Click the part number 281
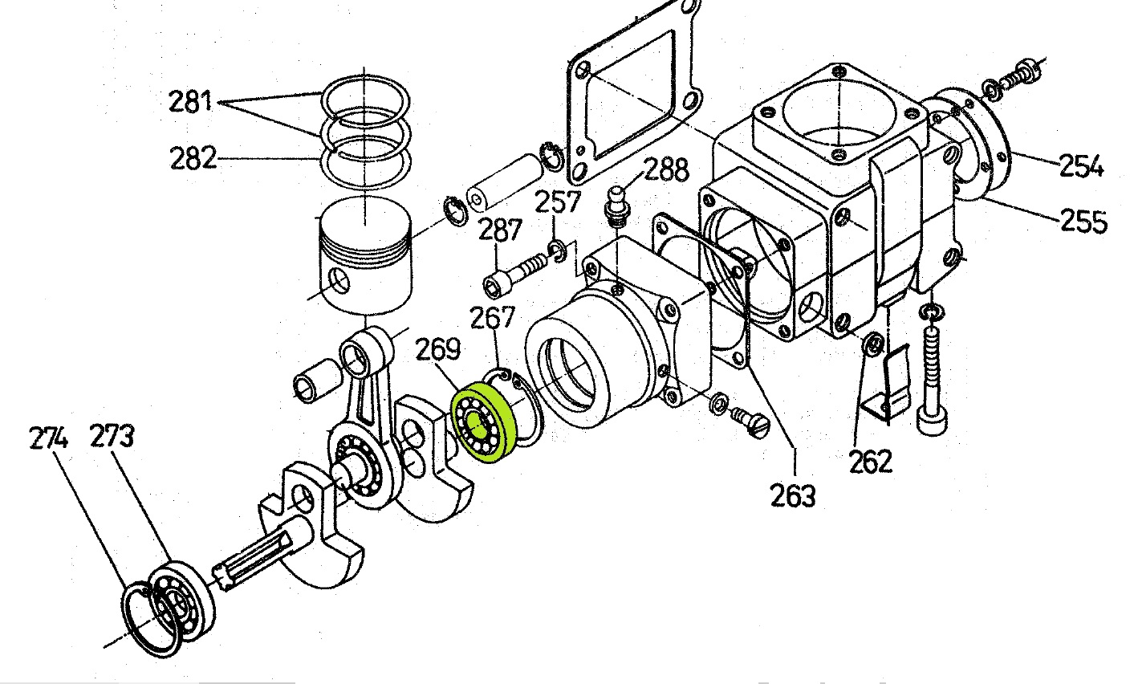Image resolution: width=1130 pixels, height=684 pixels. pos(190,101)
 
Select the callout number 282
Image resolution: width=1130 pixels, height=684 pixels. pos(193,157)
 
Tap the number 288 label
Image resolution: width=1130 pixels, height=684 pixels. pos(666,169)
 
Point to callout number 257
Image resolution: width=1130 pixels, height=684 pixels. pos(558,202)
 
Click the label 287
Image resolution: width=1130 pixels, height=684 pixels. pos(500,230)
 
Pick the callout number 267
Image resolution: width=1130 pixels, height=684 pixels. pos(492,318)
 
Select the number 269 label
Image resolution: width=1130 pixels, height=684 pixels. pos(438,349)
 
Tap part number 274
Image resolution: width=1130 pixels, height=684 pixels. pos(48,438)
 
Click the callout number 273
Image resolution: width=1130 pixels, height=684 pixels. pos(112,436)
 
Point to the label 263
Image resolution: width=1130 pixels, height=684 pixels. pos(793,495)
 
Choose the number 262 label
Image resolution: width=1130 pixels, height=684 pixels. pos(871,461)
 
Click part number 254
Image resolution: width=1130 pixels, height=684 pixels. pos(1080,165)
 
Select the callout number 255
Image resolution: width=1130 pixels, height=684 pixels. pos(1083,221)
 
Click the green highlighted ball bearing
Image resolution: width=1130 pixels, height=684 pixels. pos(484,423)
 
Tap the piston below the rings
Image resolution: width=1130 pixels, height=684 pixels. pos(365,256)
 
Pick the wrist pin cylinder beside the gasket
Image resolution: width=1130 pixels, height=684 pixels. pos(505,181)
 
